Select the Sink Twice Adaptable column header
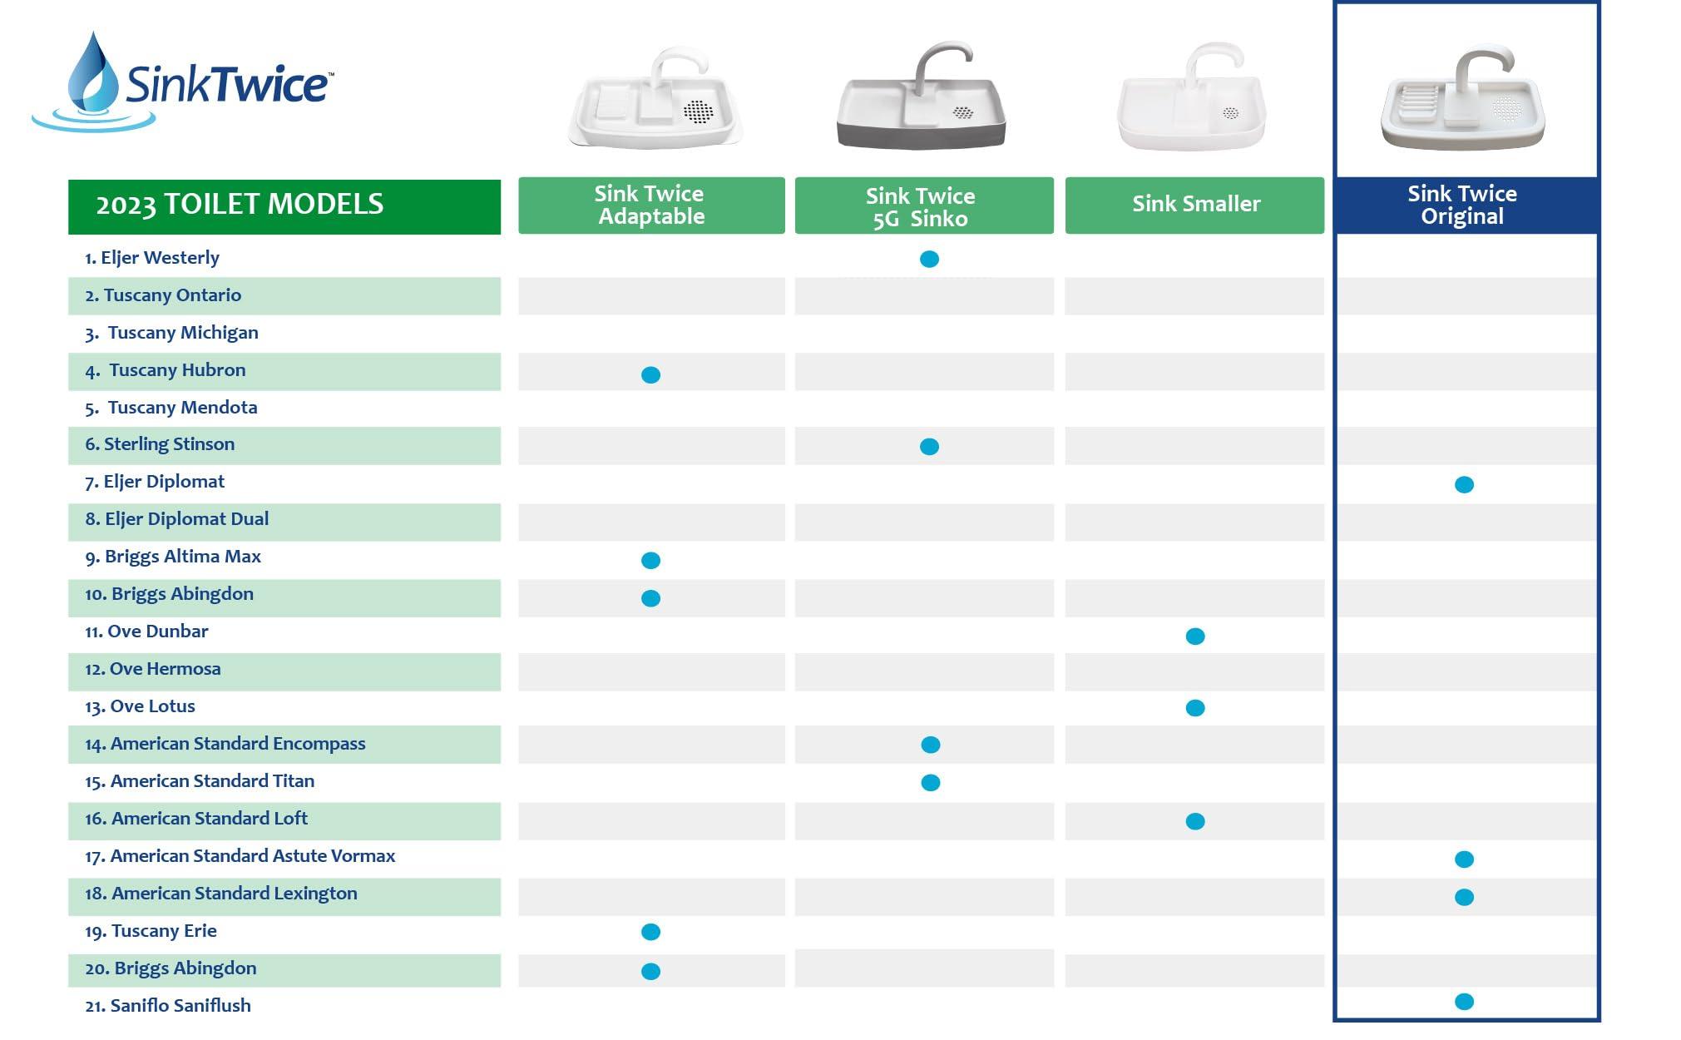pyautogui.click(x=651, y=205)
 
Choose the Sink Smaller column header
pyautogui.click(x=1194, y=205)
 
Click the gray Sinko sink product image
pyautogui.click(x=921, y=97)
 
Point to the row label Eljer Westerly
pyautogui.click(x=152, y=258)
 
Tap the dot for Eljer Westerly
pyautogui.click(x=930, y=260)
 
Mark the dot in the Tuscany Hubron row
pyautogui.click(x=651, y=375)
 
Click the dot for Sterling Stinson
pyautogui.click(x=930, y=447)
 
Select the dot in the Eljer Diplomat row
pyautogui.click(x=1465, y=485)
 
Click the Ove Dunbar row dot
pyautogui.click(x=1195, y=636)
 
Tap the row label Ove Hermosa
pyautogui.click(x=153, y=669)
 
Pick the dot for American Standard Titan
pyautogui.click(x=931, y=783)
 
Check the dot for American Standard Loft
pyautogui.click(x=1195, y=822)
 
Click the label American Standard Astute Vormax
pyautogui.click(x=240, y=856)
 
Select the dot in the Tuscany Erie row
pyautogui.click(x=651, y=932)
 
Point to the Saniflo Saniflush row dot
pyautogui.click(x=1465, y=1002)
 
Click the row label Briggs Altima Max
pyautogui.click(x=173, y=557)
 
